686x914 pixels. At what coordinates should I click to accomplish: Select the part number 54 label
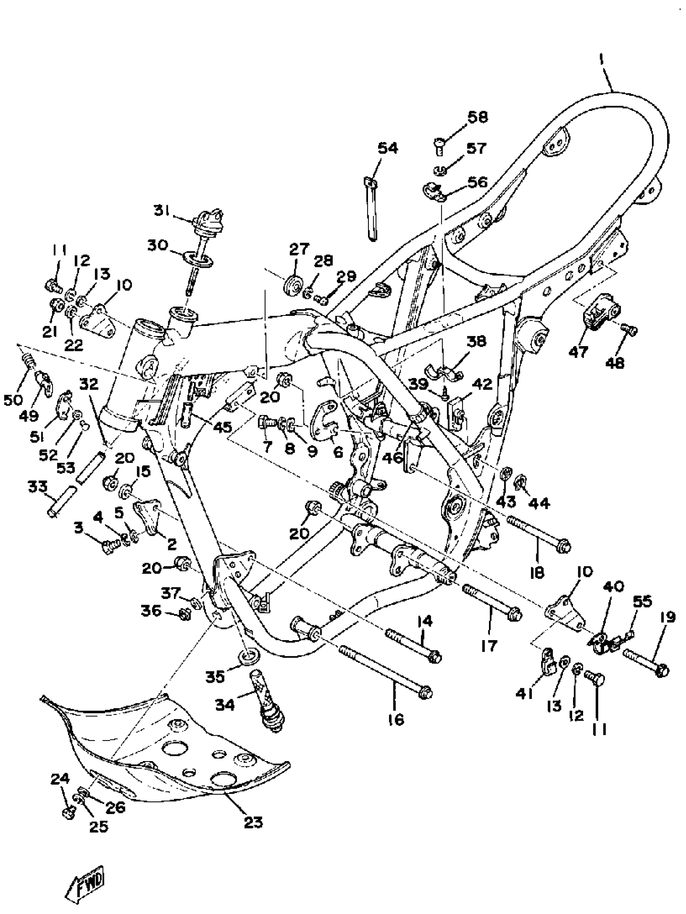point(387,148)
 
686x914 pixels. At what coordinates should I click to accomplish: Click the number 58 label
point(477,117)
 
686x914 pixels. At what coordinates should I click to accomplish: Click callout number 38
point(476,342)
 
